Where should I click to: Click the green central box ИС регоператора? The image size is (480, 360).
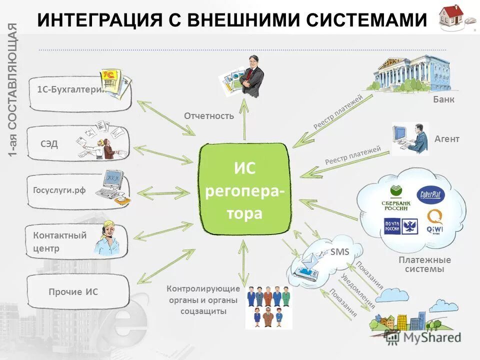[245, 188]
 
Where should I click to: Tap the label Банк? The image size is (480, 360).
[443, 99]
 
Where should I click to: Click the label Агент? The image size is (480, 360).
[446, 139]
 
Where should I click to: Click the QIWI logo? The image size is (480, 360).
[434, 221]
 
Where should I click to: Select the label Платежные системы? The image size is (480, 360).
[424, 264]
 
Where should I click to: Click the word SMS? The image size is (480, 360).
[339, 252]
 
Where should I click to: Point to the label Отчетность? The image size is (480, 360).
[209, 116]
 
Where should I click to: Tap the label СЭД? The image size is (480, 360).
[49, 144]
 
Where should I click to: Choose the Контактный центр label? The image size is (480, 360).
[59, 241]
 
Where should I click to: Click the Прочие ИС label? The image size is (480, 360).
[73, 292]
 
